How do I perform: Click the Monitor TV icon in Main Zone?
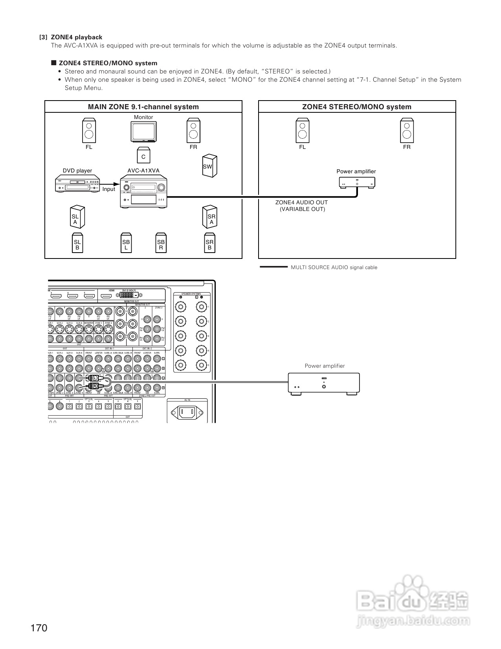[x=143, y=131]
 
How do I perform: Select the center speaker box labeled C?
[x=143, y=156]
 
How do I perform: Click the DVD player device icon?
[x=77, y=185]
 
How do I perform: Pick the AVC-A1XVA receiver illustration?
[x=143, y=192]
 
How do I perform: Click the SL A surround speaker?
[x=76, y=217]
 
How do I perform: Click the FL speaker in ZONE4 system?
[x=302, y=131]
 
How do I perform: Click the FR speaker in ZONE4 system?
[x=407, y=131]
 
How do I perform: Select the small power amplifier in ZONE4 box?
[x=357, y=182]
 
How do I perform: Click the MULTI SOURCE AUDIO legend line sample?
[x=273, y=267]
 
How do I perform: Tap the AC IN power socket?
[x=187, y=411]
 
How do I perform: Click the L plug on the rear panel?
[x=94, y=378]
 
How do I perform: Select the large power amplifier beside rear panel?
[x=324, y=383]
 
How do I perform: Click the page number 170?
[x=39, y=628]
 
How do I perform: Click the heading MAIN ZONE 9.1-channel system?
[x=143, y=107]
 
